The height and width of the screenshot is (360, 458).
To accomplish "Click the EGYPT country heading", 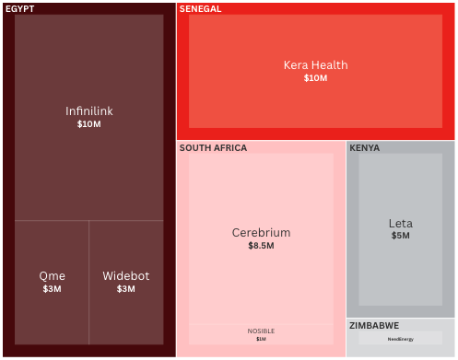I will [20, 9].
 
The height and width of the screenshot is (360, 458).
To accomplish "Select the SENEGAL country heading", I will [200, 9].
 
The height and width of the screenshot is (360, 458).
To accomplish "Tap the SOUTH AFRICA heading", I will [213, 148].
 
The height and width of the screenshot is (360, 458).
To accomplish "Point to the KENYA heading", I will [365, 148].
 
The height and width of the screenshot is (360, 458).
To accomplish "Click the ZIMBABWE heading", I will [374, 326].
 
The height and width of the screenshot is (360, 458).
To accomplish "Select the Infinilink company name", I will [89, 111].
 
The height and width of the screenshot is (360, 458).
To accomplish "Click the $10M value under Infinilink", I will [89, 124].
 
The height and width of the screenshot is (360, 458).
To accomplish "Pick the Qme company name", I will [53, 276].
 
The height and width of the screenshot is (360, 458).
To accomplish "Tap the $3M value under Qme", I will [53, 289].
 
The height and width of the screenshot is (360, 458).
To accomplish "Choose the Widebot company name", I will [126, 276].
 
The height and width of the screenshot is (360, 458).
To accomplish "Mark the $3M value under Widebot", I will [126, 289].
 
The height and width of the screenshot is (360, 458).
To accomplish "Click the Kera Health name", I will [316, 65].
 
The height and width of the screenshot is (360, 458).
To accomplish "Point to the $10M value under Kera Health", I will [316, 78].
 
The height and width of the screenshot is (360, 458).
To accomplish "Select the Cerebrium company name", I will [261, 233].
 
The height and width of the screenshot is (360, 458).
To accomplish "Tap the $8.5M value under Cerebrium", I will [261, 246].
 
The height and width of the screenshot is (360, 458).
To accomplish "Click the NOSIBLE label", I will [261, 331].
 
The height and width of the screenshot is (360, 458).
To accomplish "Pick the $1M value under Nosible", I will [261, 339].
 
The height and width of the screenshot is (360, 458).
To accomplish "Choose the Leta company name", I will [401, 224].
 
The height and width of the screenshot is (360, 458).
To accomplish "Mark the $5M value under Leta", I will [401, 236].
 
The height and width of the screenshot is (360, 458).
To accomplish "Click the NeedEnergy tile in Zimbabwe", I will [401, 339].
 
